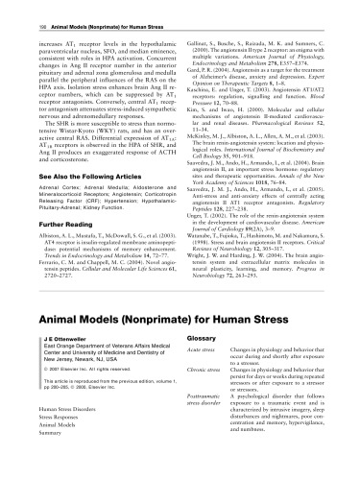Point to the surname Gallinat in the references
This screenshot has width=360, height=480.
(x=199, y=29)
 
